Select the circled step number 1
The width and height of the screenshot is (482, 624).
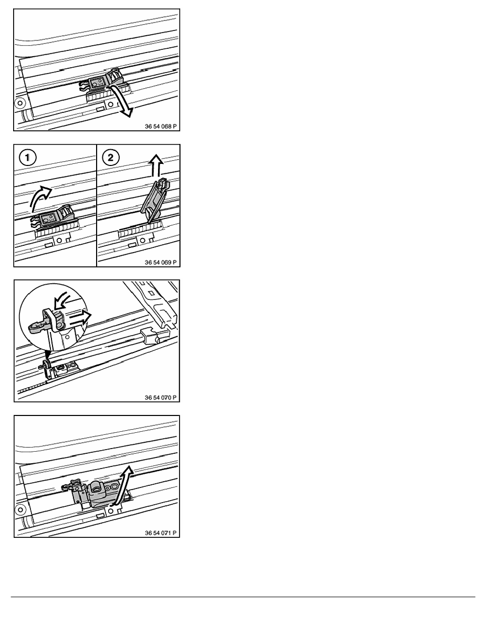click(27, 158)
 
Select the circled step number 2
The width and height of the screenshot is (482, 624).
click(110, 158)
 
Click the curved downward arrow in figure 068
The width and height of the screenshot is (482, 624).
click(123, 99)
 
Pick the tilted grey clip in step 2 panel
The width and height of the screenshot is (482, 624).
click(153, 198)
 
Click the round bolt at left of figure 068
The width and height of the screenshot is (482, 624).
click(19, 104)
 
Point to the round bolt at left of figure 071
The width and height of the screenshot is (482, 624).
click(20, 510)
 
